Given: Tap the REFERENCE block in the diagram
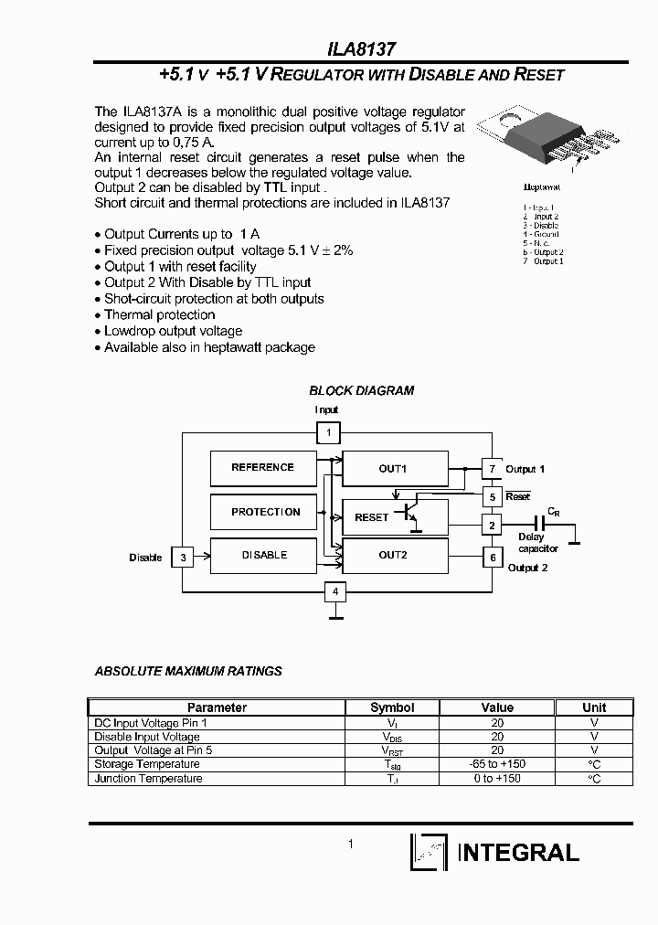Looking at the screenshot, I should point(262,468).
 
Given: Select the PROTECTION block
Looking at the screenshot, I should point(265,512).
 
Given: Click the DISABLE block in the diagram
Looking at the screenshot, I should point(264,555).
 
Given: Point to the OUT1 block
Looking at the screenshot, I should point(394,469).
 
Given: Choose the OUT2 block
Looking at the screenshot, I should point(394,555).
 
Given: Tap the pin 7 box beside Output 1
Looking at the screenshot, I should point(492,469).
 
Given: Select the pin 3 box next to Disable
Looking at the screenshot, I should point(183,556).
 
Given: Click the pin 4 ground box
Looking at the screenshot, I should point(335,592).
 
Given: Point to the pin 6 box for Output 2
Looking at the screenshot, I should point(493,556).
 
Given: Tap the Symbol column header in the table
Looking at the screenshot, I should point(392,707).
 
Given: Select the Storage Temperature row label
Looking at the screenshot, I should point(147,764).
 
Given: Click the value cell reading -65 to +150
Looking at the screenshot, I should point(497,764).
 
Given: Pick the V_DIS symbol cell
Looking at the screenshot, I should point(392,737).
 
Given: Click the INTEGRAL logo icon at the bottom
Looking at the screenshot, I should point(428,852).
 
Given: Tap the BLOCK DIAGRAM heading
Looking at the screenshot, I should point(361,390).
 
